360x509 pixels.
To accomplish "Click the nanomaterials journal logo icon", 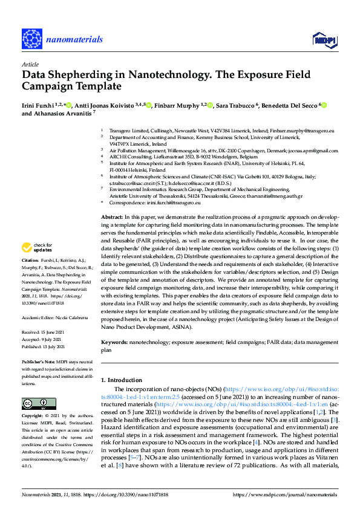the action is pos(30,38).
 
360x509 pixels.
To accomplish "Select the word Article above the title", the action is pos(30,64).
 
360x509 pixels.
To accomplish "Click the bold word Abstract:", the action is pos(111,216).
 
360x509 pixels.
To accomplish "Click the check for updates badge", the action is pos(39,264).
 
